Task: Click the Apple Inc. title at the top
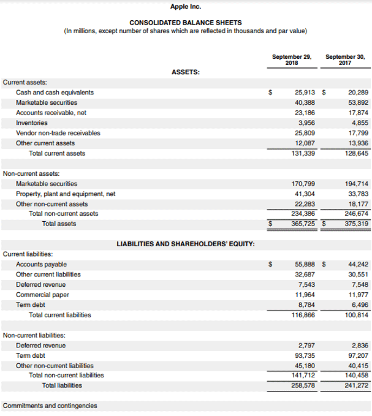[x=186, y=7]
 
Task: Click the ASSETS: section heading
[x=186, y=72]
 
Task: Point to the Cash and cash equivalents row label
[x=55, y=93]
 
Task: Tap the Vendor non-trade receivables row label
[x=58, y=132]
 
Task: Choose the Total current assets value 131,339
[x=303, y=153]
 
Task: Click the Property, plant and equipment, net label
[x=66, y=194]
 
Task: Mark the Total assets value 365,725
[x=303, y=224]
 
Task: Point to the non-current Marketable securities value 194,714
[x=357, y=184]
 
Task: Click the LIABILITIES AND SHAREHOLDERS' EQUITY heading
[x=186, y=244]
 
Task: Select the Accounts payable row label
[x=41, y=264]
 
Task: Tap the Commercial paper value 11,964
[x=305, y=295]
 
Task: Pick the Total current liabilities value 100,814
[x=357, y=315]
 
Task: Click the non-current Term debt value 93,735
[x=305, y=355]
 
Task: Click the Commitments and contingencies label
[x=50, y=405]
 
